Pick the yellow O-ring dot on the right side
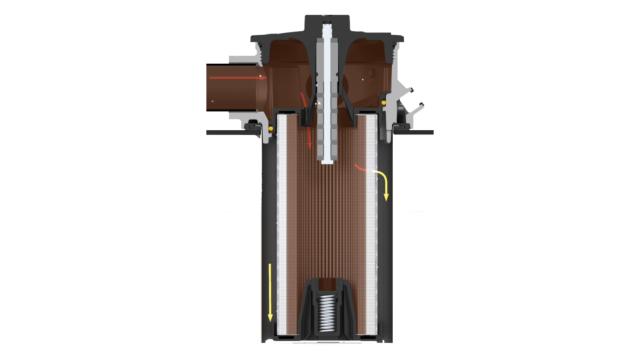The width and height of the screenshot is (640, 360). pos(384,102)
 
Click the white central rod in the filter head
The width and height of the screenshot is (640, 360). pos(329,93)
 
